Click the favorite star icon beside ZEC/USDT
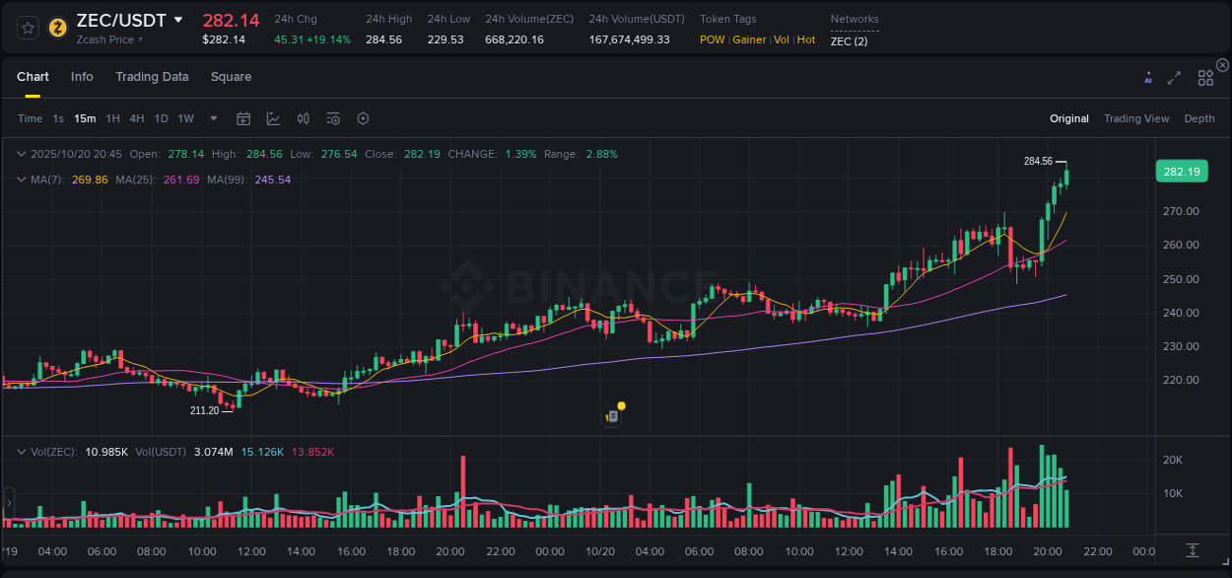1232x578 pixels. [x=29, y=28]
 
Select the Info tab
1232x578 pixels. [x=82, y=77]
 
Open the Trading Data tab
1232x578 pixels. [x=152, y=77]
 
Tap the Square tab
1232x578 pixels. [x=231, y=77]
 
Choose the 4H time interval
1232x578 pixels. [x=137, y=118]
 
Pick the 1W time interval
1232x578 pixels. [x=185, y=118]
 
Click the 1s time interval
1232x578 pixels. [x=58, y=118]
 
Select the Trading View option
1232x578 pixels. [x=1136, y=118]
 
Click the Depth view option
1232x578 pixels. [x=1199, y=118]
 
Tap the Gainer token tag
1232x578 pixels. [x=749, y=39]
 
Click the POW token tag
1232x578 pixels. [x=712, y=39]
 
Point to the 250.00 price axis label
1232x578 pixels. [x=1181, y=279]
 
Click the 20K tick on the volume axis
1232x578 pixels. [x=1172, y=460]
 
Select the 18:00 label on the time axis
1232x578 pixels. [x=997, y=551]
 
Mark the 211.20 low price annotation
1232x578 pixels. [x=205, y=410]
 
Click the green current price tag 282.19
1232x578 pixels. [x=1181, y=172]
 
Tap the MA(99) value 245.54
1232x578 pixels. [x=272, y=180]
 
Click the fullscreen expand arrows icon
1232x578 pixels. [x=1174, y=78]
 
